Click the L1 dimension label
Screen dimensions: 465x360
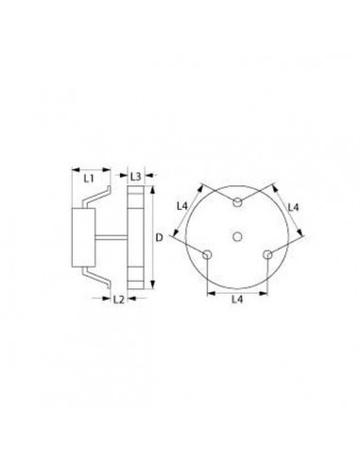(88, 177)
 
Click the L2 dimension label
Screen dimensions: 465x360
(119, 300)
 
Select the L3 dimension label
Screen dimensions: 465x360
(137, 177)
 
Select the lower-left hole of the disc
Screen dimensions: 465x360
(207, 252)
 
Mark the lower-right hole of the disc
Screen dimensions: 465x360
(267, 252)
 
